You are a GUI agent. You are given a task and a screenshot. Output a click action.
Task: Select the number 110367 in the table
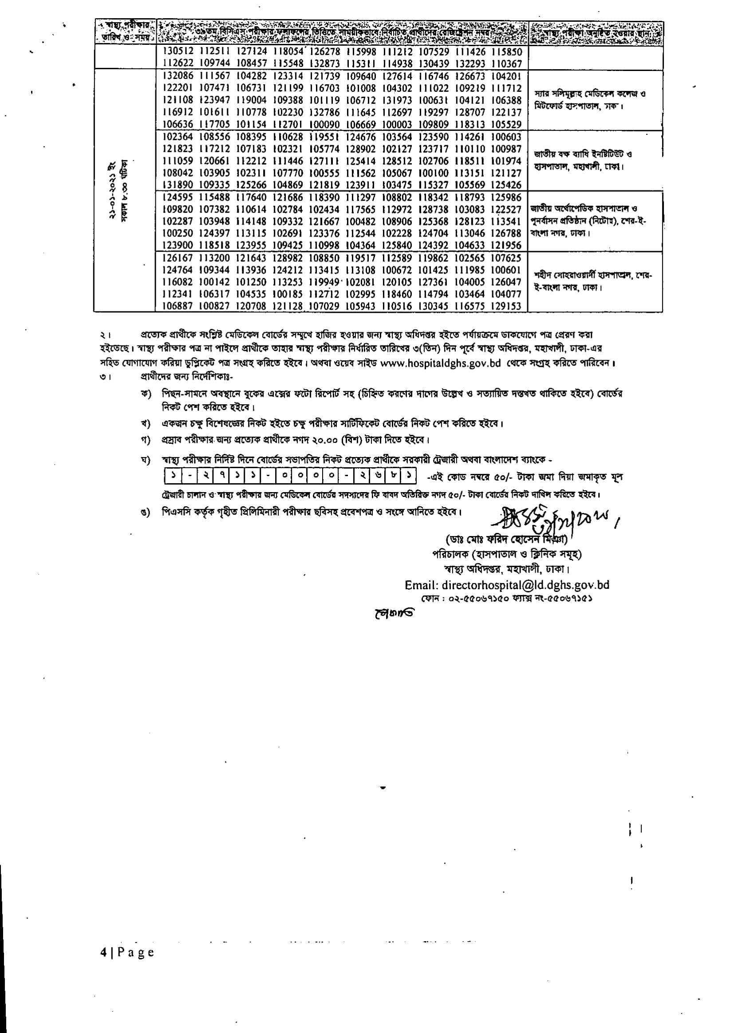(x=506, y=64)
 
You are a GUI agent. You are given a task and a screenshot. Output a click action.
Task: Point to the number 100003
(x=397, y=125)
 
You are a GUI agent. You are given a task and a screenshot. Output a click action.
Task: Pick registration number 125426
(x=506, y=185)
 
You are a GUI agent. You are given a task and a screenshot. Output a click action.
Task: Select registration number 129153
(x=506, y=306)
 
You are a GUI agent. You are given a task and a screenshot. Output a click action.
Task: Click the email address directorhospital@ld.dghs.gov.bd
(x=507, y=585)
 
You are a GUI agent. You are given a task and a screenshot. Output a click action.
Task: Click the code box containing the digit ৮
(x=393, y=475)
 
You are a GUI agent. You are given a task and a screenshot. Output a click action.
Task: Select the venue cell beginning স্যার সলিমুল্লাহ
(x=590, y=100)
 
